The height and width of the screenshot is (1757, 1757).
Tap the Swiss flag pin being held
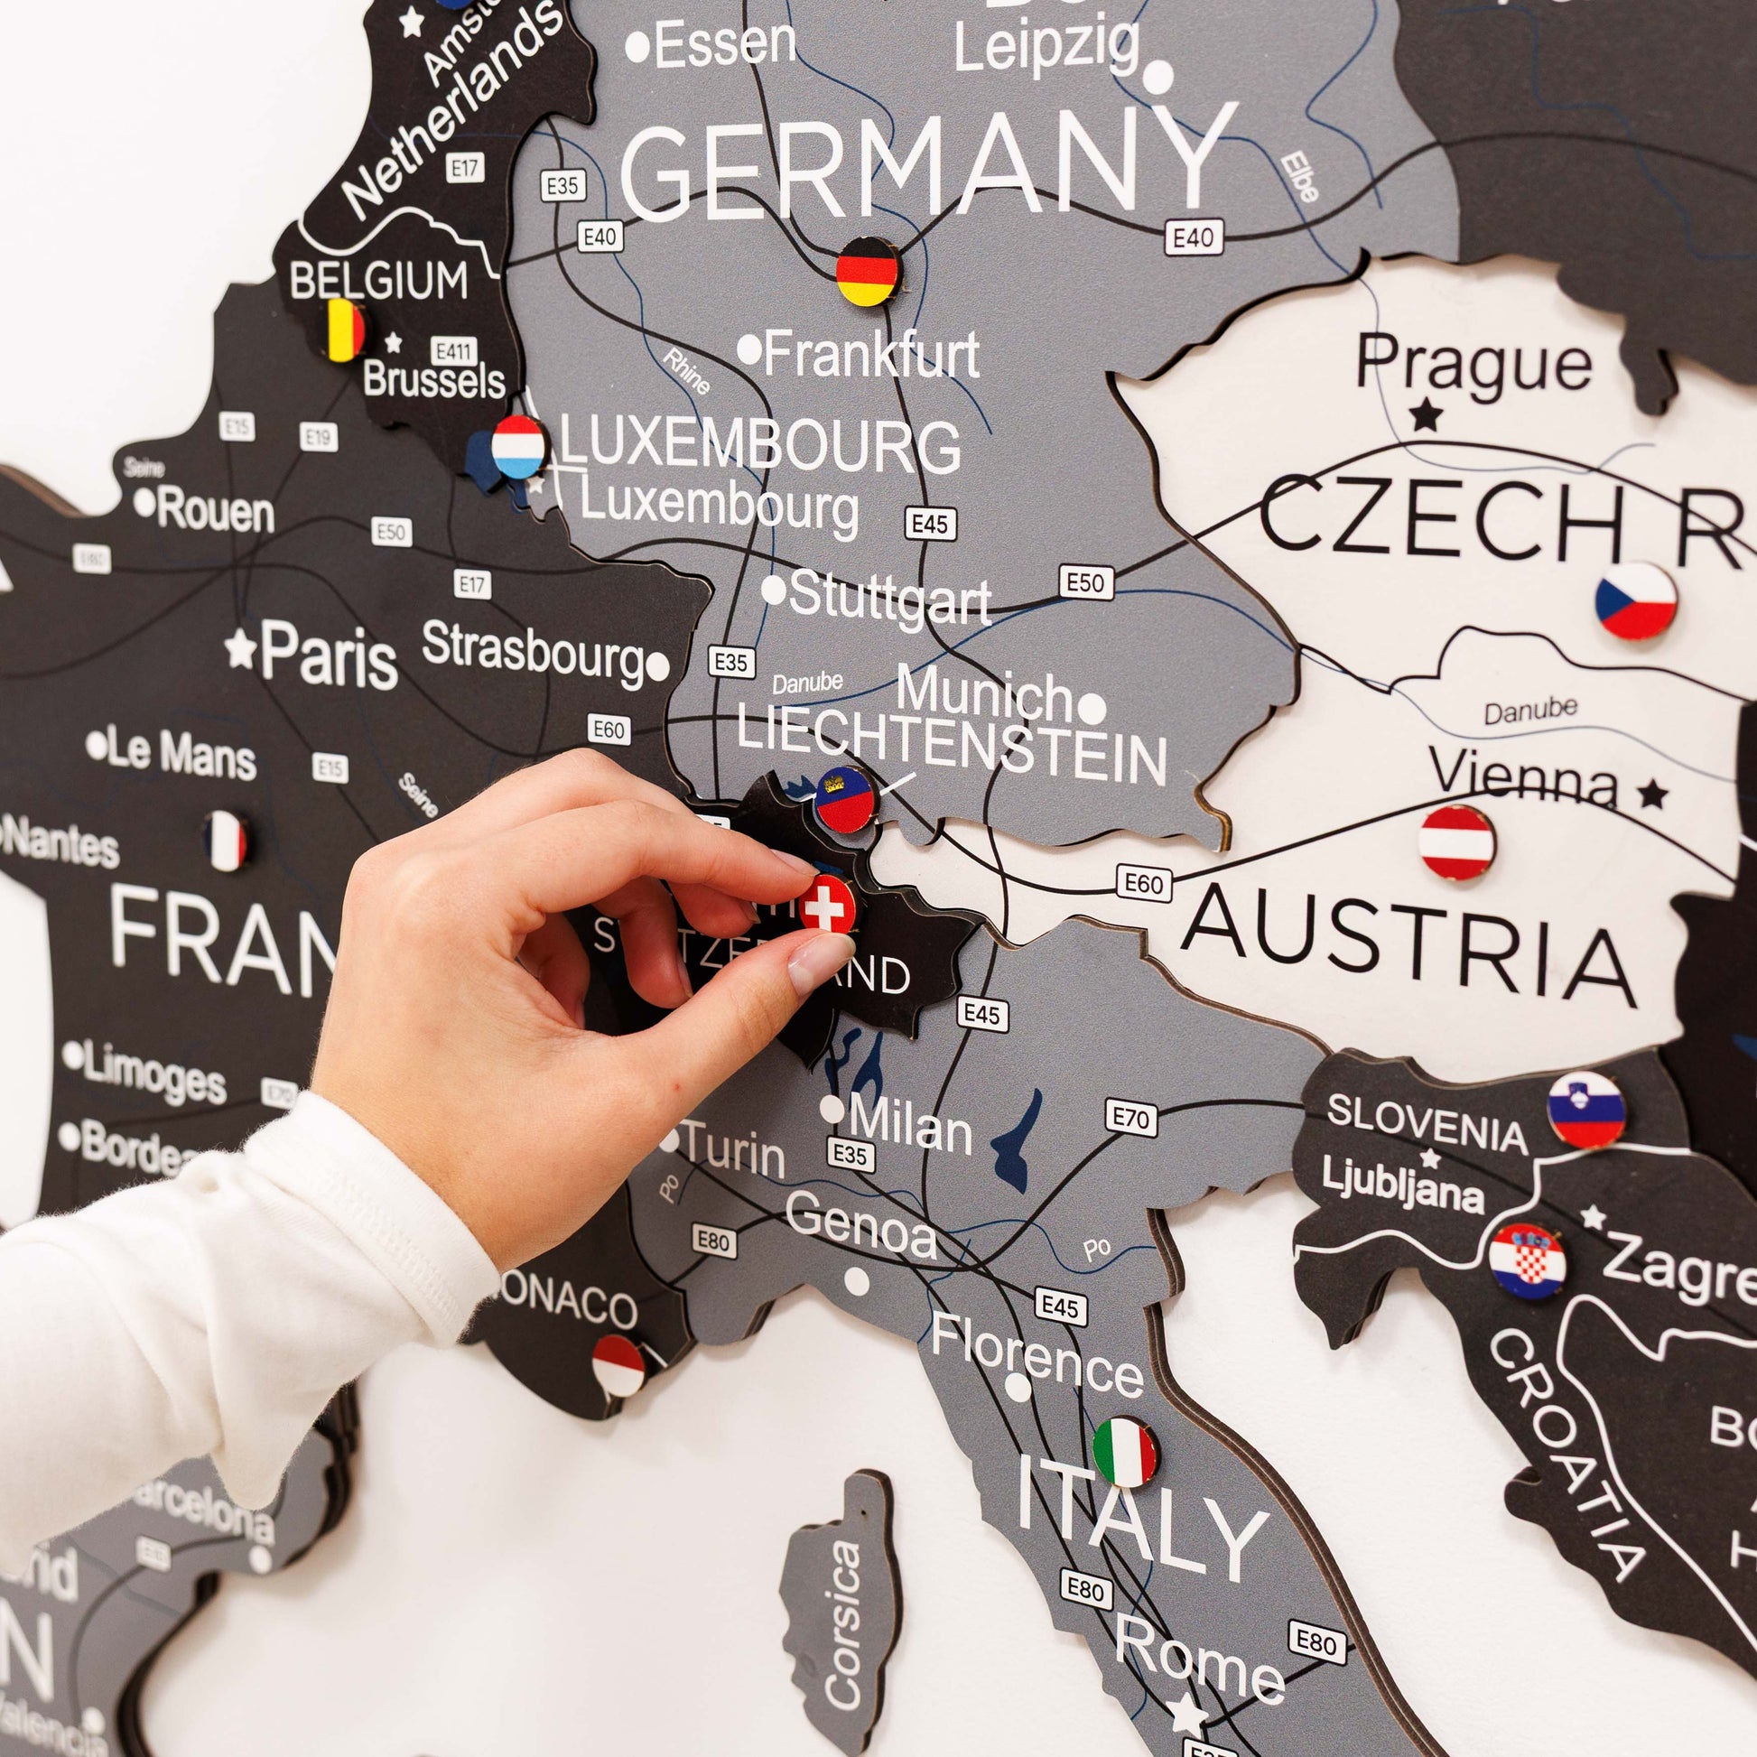tap(827, 904)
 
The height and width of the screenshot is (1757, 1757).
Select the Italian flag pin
tap(1125, 1452)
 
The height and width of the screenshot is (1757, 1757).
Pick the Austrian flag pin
tap(1457, 842)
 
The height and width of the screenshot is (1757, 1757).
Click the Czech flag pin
tap(1636, 600)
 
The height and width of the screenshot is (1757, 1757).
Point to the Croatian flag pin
tap(1528, 1260)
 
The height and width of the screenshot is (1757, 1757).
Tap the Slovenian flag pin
tap(1587, 1109)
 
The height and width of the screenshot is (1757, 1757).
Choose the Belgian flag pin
tap(346, 330)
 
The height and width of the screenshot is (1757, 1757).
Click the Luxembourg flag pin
tap(519, 447)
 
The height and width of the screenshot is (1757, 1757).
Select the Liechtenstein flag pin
tap(845, 799)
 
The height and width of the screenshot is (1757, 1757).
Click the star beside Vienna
tap(1652, 795)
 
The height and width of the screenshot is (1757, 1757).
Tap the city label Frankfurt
tap(870, 355)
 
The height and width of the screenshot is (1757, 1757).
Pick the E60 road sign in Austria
tap(1143, 883)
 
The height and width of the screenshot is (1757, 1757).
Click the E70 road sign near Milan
tap(1131, 1118)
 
